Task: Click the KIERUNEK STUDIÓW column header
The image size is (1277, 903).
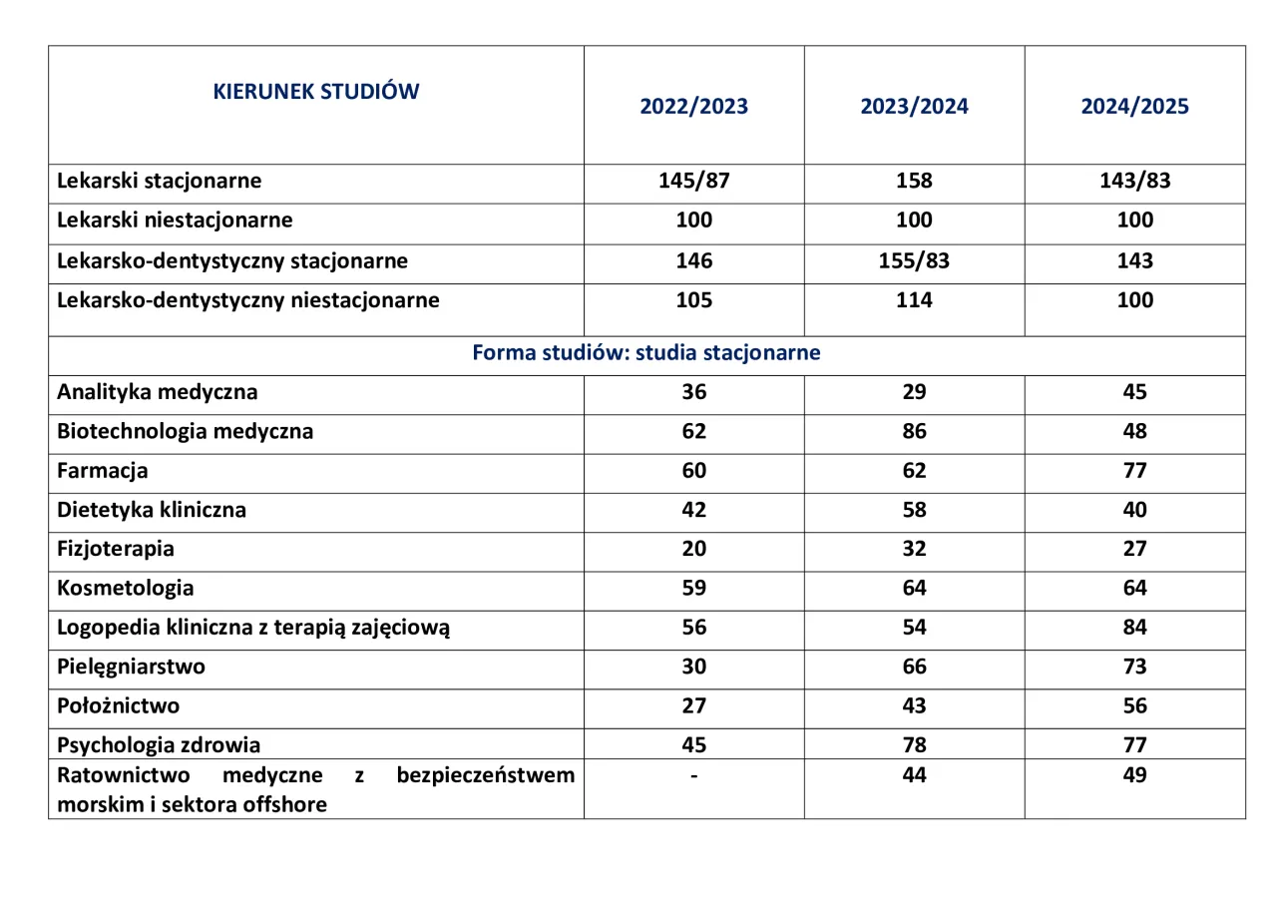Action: [316, 92]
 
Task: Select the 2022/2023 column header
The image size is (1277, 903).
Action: [693, 107]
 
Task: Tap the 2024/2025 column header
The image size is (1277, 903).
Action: [1134, 107]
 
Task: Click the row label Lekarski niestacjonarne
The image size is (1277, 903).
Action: [175, 221]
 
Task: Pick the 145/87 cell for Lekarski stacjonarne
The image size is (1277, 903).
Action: [693, 181]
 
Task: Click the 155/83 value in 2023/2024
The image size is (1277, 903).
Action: [914, 260]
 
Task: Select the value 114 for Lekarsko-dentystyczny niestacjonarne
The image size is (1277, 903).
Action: [914, 299]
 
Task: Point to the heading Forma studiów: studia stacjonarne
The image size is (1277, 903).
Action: [646, 353]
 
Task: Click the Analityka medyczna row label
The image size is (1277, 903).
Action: [157, 392]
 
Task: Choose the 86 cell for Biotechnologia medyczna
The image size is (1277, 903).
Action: [914, 431]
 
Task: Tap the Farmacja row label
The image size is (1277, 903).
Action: [103, 470]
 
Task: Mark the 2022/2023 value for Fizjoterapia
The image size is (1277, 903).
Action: [693, 549]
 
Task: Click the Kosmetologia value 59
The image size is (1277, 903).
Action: [693, 588]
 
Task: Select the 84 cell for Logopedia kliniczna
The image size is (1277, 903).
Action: [1134, 627]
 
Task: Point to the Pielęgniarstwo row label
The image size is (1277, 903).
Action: [131, 667]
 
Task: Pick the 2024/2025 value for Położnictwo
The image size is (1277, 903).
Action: [1134, 705]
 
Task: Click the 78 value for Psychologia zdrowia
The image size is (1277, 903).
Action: [914, 744]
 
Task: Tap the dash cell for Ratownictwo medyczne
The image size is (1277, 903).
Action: [693, 775]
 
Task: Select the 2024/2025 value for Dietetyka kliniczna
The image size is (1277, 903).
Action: [1134, 510]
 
